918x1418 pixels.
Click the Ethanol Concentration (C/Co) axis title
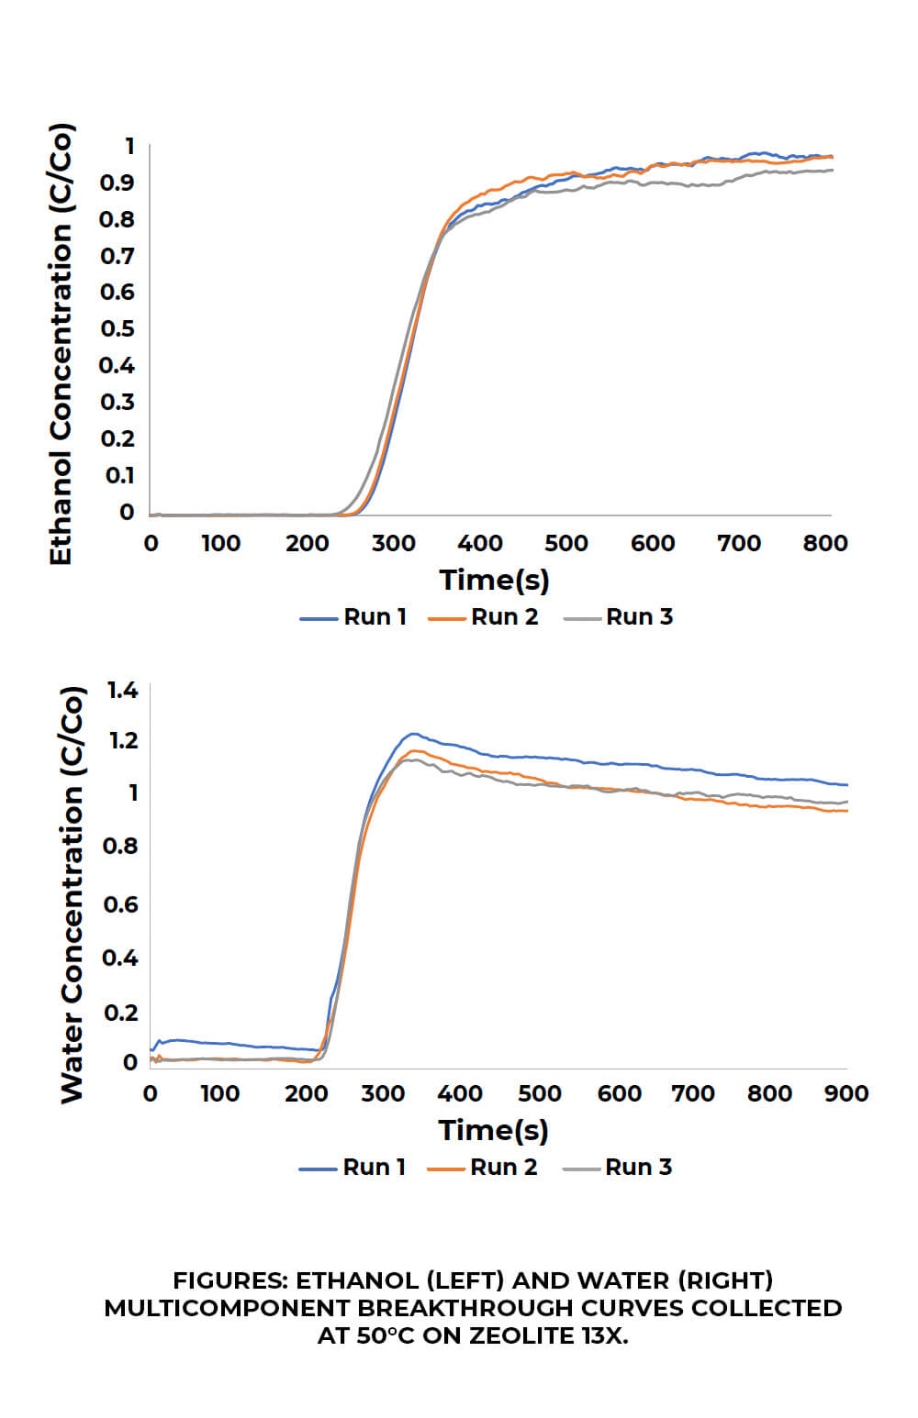pos(62,345)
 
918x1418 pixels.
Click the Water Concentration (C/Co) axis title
pos(73,895)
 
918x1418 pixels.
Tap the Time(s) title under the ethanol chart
pos(494,580)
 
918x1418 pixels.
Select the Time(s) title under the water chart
pos(493,1130)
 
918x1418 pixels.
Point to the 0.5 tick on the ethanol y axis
pos(118,328)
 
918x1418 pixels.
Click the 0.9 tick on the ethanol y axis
pos(118,183)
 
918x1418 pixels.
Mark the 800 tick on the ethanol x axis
pos(825,543)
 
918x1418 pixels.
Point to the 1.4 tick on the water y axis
pos(123,690)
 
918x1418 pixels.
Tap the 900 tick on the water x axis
pos(846,1093)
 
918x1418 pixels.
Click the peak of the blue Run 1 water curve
pos(413,734)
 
